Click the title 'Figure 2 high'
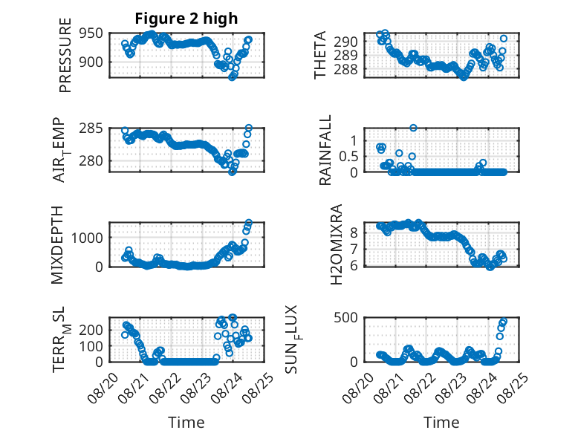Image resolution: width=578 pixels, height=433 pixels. pyautogui.click(x=186, y=19)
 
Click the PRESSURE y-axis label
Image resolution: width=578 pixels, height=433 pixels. pyautogui.click(x=65, y=55)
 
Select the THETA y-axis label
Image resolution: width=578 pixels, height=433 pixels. pyautogui.click(x=320, y=55)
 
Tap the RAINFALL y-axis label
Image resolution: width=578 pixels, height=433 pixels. pyautogui.click(x=325, y=150)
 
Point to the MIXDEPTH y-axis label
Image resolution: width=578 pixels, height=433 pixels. pyautogui.click(x=57, y=245)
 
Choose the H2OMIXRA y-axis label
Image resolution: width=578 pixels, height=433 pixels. pyautogui.click(x=337, y=244)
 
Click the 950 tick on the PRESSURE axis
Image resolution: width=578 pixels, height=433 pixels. pyautogui.click(x=91, y=33)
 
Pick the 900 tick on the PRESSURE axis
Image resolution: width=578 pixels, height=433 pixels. pyautogui.click(x=91, y=62)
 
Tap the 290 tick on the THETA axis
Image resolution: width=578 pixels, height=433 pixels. pyautogui.click(x=345, y=42)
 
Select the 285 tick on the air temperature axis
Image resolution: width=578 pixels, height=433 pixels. pyautogui.click(x=91, y=128)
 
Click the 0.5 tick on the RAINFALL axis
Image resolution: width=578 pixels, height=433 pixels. pyautogui.click(x=348, y=156)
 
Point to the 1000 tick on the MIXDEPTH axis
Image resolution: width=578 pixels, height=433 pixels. pyautogui.click(x=87, y=238)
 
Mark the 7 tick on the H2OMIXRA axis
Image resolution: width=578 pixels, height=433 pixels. pyautogui.click(x=354, y=249)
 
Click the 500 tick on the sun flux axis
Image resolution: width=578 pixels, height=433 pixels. pyautogui.click(x=345, y=318)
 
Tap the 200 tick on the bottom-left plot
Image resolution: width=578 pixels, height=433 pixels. pyautogui.click(x=91, y=330)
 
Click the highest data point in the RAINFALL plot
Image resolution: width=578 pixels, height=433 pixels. pyautogui.click(x=413, y=128)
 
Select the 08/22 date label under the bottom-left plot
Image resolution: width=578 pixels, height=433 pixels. pyautogui.click(x=166, y=387)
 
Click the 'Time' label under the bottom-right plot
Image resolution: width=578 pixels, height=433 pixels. pyautogui.click(x=441, y=422)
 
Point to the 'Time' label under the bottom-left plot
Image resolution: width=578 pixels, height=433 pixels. pyautogui.click(x=186, y=422)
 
